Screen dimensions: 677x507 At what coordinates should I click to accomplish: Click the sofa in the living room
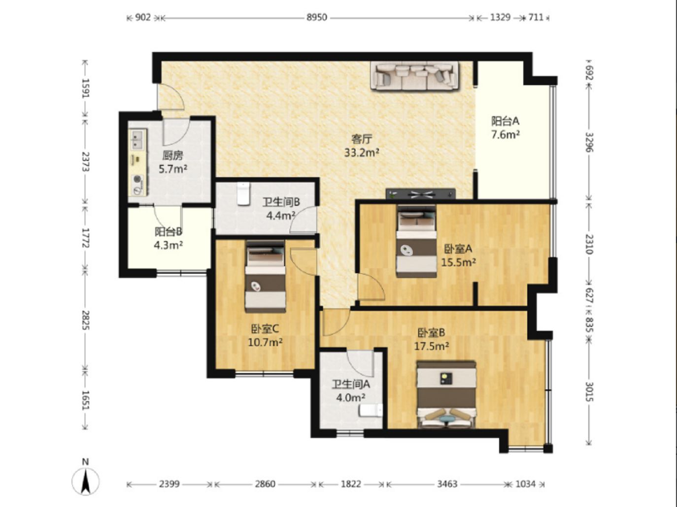tap(414, 76)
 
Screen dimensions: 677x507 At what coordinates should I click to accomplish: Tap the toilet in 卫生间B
tap(243, 194)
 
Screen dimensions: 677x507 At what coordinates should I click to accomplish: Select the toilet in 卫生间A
tap(371, 411)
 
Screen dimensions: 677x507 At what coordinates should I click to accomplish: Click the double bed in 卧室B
tap(446, 395)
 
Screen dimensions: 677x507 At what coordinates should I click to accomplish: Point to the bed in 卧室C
tap(265, 277)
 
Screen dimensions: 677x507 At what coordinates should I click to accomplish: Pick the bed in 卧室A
tap(416, 241)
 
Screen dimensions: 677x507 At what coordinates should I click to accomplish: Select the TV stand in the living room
tap(421, 194)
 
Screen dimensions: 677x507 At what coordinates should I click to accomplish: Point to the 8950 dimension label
tap(316, 17)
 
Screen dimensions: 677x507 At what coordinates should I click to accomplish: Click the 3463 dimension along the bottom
tap(447, 484)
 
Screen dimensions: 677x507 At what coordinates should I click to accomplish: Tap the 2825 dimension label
tap(85, 320)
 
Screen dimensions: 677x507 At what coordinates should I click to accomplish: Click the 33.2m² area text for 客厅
tap(362, 153)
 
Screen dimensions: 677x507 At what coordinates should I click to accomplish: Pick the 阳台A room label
tap(505, 121)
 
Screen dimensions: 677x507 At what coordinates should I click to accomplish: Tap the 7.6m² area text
tap(506, 134)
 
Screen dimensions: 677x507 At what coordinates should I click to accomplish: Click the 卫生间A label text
tap(351, 384)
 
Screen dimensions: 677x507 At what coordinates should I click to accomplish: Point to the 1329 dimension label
tap(500, 17)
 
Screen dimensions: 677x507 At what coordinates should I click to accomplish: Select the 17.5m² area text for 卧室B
tap(431, 346)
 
